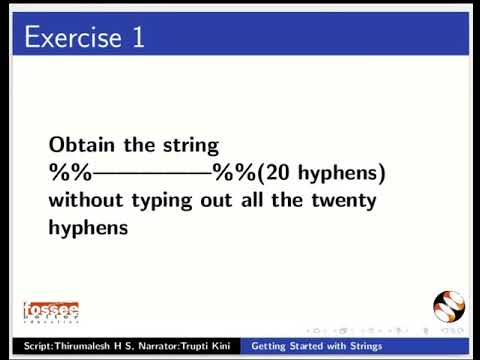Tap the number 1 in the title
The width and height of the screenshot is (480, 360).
click(137, 38)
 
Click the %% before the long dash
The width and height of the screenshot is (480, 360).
click(68, 172)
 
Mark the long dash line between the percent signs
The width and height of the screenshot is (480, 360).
click(150, 173)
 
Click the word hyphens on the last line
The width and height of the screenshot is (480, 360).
click(89, 228)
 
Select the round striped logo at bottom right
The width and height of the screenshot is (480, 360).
click(449, 308)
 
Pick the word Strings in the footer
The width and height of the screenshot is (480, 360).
click(360, 346)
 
